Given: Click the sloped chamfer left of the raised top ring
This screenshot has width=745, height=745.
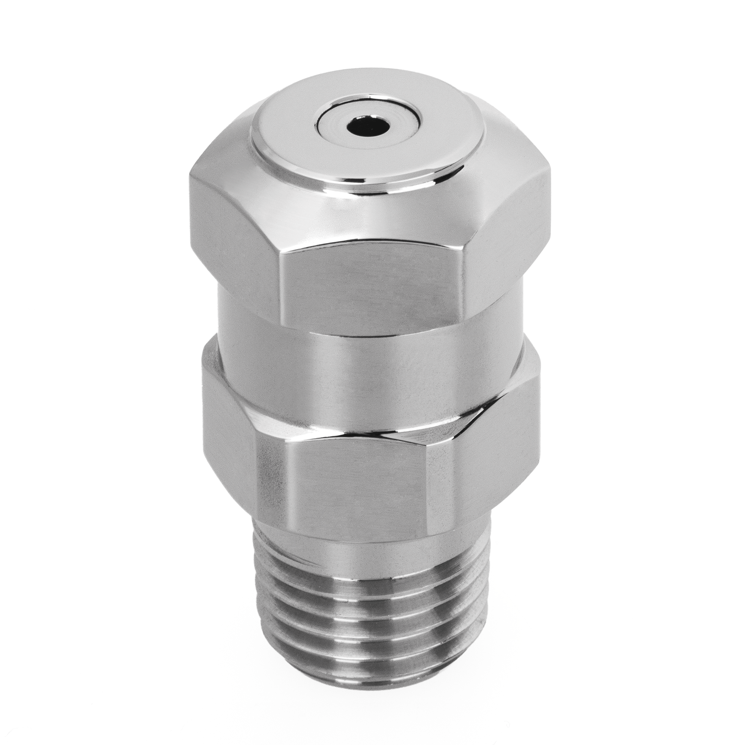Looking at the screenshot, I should coord(224,150).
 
